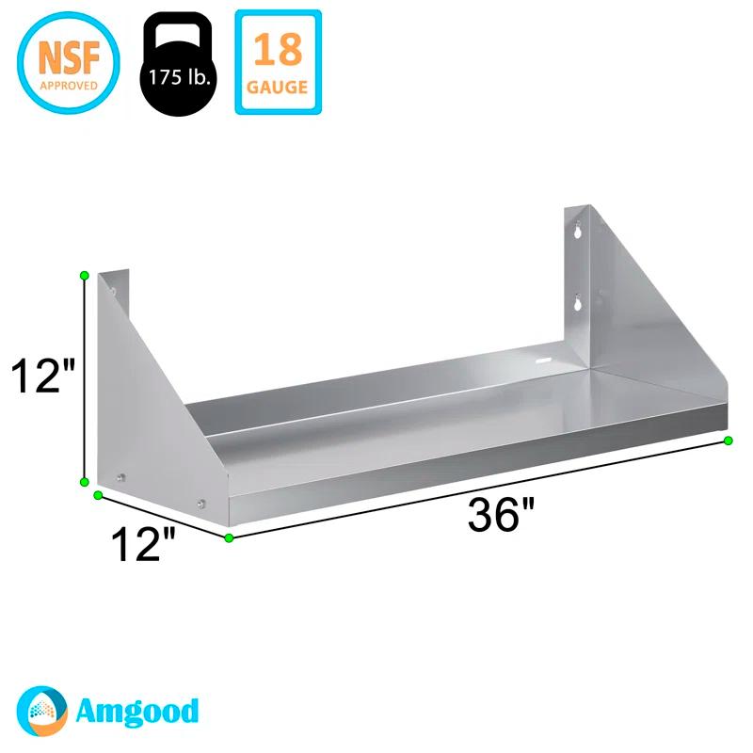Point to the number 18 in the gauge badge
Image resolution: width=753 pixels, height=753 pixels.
point(278,48)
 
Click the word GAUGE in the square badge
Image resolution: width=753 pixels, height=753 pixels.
point(278,88)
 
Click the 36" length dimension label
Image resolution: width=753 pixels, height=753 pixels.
point(501,516)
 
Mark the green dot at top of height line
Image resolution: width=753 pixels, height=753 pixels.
point(85,275)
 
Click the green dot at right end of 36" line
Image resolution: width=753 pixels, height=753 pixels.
point(728,441)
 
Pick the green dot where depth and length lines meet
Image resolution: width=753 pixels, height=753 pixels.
point(229,538)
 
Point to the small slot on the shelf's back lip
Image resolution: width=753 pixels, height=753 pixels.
point(543,359)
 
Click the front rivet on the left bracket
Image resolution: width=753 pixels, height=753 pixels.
point(202,504)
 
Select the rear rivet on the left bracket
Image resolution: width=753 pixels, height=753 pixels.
point(120,478)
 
